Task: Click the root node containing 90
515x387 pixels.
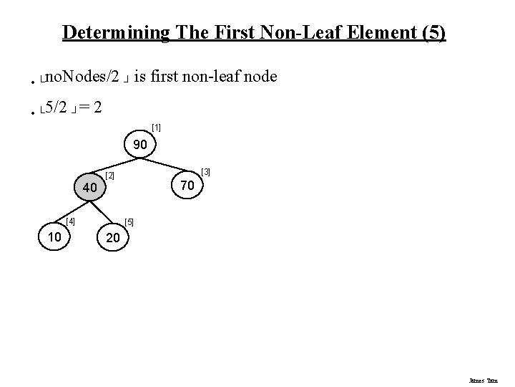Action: click(x=141, y=145)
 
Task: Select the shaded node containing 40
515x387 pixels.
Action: click(x=90, y=187)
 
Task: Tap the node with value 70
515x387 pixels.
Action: click(x=187, y=186)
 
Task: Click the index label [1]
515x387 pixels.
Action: click(x=157, y=128)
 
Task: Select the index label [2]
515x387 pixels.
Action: click(x=109, y=175)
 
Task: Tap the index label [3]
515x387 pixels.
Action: click(x=206, y=172)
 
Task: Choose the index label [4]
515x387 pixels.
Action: click(x=71, y=221)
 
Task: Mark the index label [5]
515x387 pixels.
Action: click(x=129, y=222)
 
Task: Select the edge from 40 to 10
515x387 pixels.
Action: click(x=73, y=212)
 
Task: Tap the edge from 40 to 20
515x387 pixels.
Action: click(x=104, y=214)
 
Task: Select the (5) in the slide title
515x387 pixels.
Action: click(x=434, y=32)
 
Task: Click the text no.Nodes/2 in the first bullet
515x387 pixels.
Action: click(x=82, y=76)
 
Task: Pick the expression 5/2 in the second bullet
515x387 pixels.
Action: click(x=57, y=108)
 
